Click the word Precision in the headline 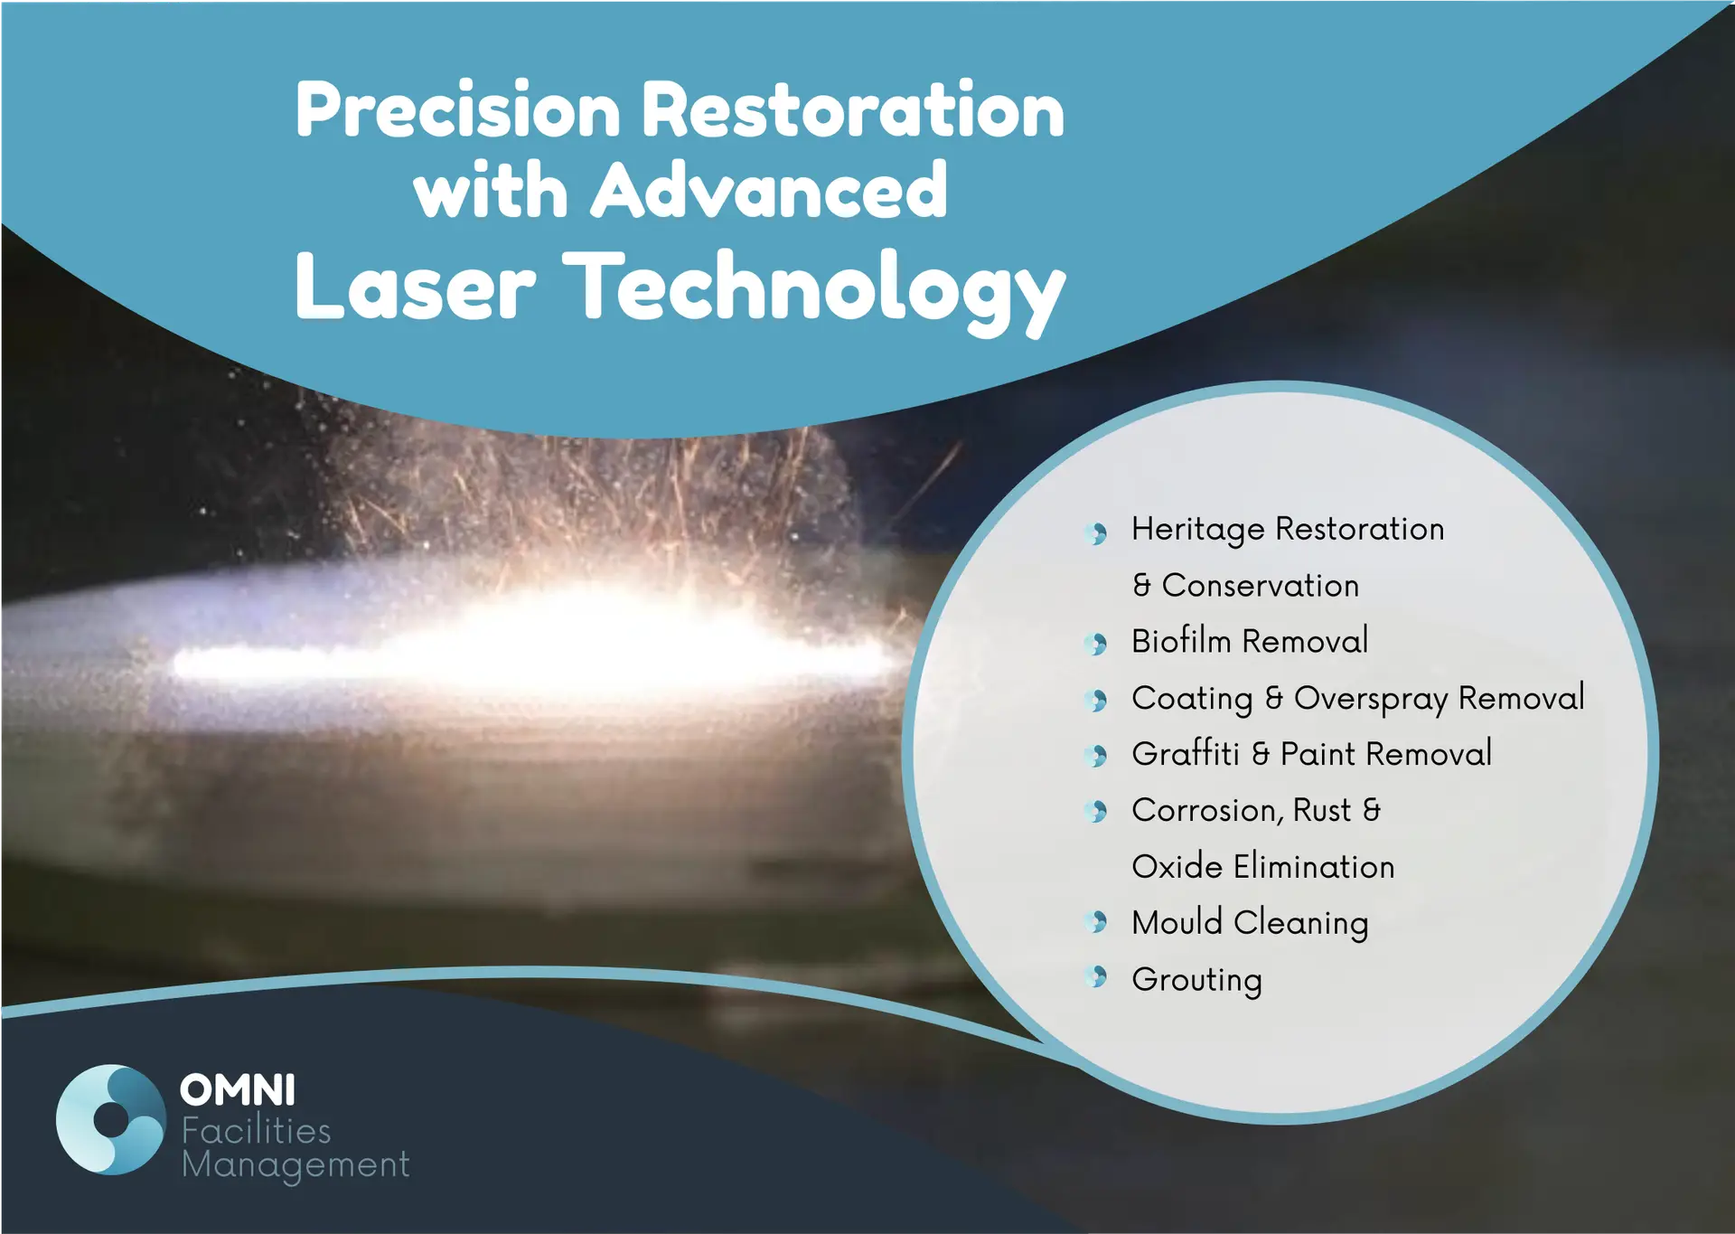(458, 109)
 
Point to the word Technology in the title (814, 291)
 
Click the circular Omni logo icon (111, 1119)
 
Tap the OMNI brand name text (238, 1090)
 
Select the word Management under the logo (295, 1166)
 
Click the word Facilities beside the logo (257, 1130)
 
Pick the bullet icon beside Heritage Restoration (1097, 532)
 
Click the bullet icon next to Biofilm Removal (1097, 644)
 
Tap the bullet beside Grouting (1097, 976)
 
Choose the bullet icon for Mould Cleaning (1097, 921)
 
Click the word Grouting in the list (1197, 981)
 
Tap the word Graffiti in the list (1186, 753)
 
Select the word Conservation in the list (1261, 586)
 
